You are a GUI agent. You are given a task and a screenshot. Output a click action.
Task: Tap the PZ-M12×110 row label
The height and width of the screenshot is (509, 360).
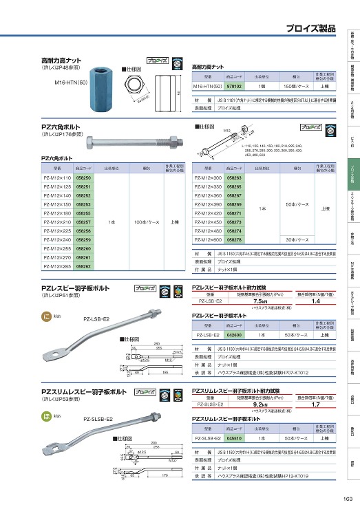[x=54, y=178]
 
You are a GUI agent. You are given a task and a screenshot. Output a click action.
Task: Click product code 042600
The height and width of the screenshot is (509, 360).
[x=234, y=334]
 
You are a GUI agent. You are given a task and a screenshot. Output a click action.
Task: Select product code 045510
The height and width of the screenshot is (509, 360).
[x=234, y=437]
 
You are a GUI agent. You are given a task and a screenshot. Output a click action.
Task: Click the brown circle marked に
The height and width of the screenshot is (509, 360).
[x=46, y=316]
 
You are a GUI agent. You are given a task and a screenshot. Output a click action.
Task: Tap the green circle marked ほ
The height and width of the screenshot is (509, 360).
[x=46, y=416]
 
